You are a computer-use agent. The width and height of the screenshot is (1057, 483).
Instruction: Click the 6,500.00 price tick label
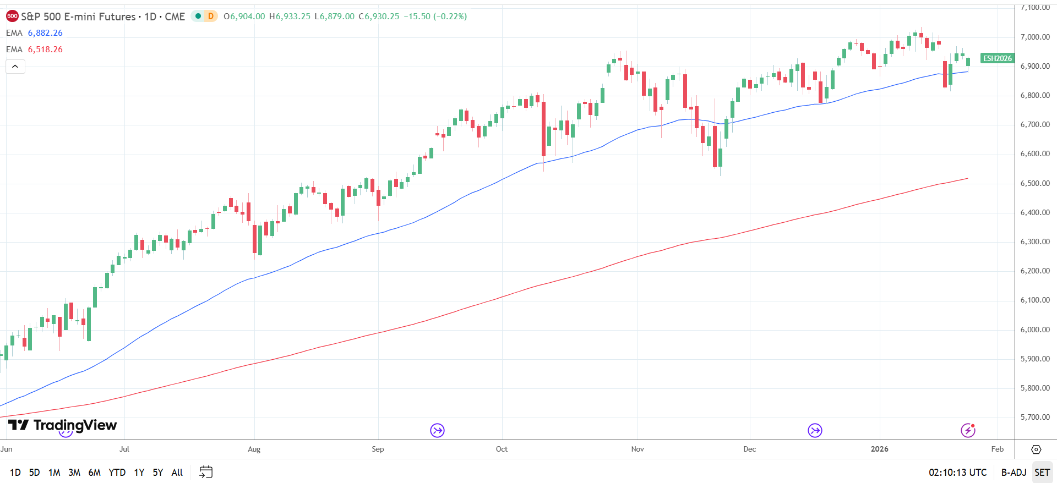[x=1035, y=183]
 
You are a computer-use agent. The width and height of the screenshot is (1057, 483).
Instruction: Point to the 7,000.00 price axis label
[x=1035, y=37]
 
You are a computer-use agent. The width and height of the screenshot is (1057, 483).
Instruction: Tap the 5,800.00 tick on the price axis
[x=1035, y=388]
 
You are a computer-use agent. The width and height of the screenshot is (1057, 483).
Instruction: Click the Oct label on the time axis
[x=502, y=449]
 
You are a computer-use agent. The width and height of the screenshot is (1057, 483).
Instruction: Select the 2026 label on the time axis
[x=879, y=449]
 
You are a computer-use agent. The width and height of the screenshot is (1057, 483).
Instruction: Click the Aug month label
[x=254, y=449]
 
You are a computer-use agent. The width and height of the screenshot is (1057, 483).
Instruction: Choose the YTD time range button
[x=117, y=472]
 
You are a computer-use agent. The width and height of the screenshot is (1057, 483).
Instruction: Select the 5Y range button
[x=157, y=472]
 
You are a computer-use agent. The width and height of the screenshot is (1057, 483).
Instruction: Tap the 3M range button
[x=74, y=472]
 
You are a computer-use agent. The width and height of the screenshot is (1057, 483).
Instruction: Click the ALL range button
[x=177, y=472]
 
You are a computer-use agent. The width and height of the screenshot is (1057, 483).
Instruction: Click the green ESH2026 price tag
[x=997, y=58]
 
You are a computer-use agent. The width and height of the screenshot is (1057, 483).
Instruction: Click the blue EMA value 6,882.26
[x=45, y=33]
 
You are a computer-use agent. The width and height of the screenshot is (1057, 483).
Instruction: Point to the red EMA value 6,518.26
[x=45, y=50]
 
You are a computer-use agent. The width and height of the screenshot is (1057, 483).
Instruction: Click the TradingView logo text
[x=75, y=425]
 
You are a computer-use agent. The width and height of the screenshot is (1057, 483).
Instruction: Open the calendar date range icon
[x=206, y=472]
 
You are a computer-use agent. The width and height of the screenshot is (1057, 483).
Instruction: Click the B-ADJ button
[x=1014, y=472]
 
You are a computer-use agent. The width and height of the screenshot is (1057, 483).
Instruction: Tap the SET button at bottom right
[x=1042, y=472]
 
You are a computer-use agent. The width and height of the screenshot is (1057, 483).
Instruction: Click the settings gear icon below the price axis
[x=1036, y=449]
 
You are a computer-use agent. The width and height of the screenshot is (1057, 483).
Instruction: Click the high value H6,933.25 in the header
[x=290, y=17]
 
